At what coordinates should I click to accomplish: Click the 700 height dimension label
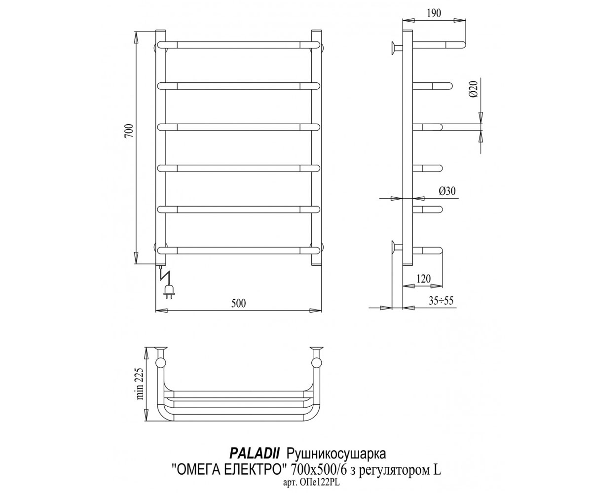coord(129,130)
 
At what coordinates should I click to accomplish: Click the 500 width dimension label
coord(238,303)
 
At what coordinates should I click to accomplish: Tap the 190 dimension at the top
coord(434,13)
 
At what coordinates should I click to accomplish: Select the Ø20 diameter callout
coord(474,89)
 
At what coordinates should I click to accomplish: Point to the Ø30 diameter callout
coord(447,191)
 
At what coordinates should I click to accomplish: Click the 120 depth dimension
coord(424,279)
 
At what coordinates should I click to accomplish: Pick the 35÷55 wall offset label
coord(441,300)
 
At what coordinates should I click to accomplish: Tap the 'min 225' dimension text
coord(140,384)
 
